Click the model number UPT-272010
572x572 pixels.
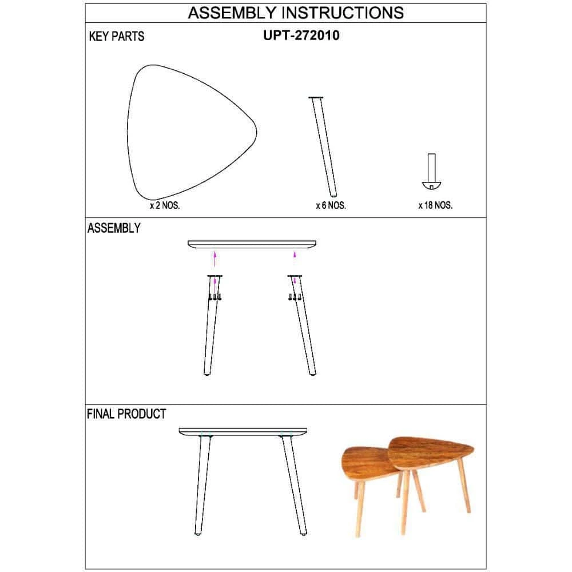coord(301,35)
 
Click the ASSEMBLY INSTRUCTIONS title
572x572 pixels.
coord(296,13)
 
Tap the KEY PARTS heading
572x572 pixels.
coord(117,37)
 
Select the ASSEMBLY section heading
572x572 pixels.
coord(114,228)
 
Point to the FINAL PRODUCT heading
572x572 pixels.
coord(126,414)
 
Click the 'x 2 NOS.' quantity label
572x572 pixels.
coord(165,205)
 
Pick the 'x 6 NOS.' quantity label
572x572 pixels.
coord(331,205)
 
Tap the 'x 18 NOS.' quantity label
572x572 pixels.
coord(435,205)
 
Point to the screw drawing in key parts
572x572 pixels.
coord(431,172)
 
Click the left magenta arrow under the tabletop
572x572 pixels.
coord(215,259)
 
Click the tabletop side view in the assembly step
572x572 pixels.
coord(252,244)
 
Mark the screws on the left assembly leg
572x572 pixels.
coord(215,297)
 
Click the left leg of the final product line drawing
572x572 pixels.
coord(203,485)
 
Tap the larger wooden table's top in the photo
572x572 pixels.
coord(431,452)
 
